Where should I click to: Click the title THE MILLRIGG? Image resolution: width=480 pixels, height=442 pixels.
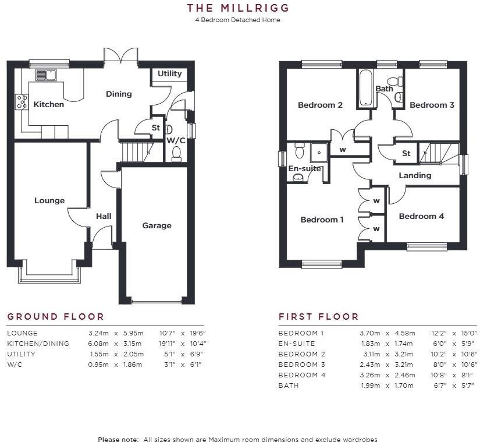tap(237, 8)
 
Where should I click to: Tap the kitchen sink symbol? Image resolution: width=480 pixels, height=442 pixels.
tap(45, 75)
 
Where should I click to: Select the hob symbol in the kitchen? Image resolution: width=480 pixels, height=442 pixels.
tap(22, 102)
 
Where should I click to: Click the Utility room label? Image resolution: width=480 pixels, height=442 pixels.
tap(170, 74)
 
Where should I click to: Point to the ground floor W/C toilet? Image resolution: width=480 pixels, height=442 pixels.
tap(176, 154)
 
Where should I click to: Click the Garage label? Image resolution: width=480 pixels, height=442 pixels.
tap(157, 225)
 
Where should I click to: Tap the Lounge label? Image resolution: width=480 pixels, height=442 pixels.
tap(49, 200)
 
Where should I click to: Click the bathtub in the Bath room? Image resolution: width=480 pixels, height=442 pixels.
tap(365, 89)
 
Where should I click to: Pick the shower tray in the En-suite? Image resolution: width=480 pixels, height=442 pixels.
tap(319, 153)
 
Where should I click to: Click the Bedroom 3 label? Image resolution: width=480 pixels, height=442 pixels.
tap(432, 105)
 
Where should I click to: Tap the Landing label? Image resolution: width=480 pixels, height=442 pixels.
tap(415, 175)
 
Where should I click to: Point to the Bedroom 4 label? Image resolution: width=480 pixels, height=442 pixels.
tap(421, 216)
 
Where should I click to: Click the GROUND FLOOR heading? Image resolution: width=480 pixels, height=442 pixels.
tap(55, 317)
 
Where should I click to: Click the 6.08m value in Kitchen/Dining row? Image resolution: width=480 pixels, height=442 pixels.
tap(98, 344)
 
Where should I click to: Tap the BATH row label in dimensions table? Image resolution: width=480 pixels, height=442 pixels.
tap(288, 386)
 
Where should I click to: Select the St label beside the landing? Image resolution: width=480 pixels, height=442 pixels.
tap(406, 154)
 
